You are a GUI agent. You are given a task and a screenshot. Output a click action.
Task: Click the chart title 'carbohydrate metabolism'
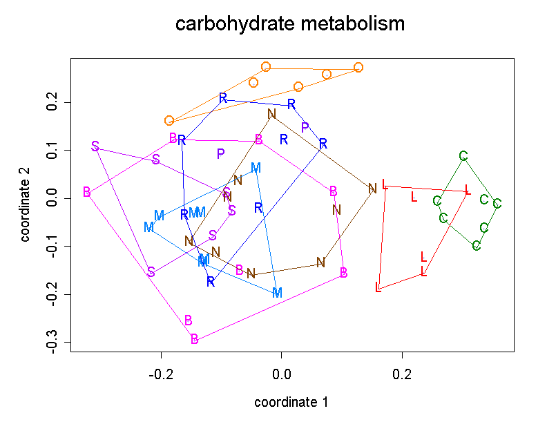click(289, 24)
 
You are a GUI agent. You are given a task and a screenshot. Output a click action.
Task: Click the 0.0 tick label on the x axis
click(282, 376)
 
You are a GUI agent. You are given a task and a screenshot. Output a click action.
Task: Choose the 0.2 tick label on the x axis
click(402, 376)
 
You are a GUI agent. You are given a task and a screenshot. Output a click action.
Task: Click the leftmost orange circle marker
click(169, 121)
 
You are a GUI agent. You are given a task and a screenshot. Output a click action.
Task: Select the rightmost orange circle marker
click(358, 68)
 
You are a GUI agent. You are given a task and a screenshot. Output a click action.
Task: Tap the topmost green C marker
click(463, 157)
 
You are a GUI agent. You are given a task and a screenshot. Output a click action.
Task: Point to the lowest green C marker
click(477, 246)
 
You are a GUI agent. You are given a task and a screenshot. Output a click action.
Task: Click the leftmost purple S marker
click(95, 146)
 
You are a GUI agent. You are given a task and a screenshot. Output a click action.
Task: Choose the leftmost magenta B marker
click(86, 192)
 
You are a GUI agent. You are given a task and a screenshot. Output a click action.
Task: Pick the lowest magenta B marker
click(195, 339)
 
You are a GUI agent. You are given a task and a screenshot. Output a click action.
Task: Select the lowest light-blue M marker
click(277, 293)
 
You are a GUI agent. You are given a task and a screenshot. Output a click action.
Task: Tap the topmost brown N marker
click(271, 114)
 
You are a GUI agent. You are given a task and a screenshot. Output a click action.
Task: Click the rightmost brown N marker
click(372, 189)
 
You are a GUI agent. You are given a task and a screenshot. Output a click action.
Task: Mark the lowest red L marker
click(378, 287)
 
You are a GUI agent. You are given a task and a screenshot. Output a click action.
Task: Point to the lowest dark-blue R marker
click(211, 282)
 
